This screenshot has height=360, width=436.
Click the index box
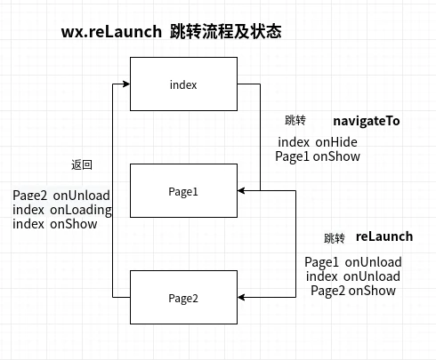pyautogui.click(x=183, y=84)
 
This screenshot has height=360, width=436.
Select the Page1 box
pyautogui.click(x=183, y=190)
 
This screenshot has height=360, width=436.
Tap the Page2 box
pyautogui.click(x=183, y=297)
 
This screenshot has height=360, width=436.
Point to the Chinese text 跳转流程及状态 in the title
pyautogui.click(x=225, y=32)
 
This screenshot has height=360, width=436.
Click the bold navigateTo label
pyautogui.click(x=367, y=120)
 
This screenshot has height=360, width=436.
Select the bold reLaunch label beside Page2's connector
pyautogui.click(x=384, y=236)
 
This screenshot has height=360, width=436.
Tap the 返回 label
pyautogui.click(x=82, y=165)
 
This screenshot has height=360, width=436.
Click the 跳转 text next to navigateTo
pyautogui.click(x=295, y=121)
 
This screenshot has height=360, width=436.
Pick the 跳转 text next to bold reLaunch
pyautogui.click(x=335, y=238)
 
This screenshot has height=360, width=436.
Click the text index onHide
pyautogui.click(x=317, y=143)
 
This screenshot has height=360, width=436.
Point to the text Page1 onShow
pyautogui.click(x=317, y=156)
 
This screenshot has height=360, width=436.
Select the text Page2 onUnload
pyautogui.click(x=61, y=196)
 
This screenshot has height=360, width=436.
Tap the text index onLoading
pyautogui.click(x=62, y=210)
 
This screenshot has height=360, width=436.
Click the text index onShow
pyautogui.click(x=55, y=224)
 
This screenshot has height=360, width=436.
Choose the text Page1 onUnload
pyautogui.click(x=353, y=262)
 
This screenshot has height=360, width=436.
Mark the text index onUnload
pyautogui.click(x=353, y=276)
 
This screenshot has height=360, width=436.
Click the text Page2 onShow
pyautogui.click(x=353, y=291)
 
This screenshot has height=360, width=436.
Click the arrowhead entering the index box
pyautogui.click(x=125, y=84)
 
